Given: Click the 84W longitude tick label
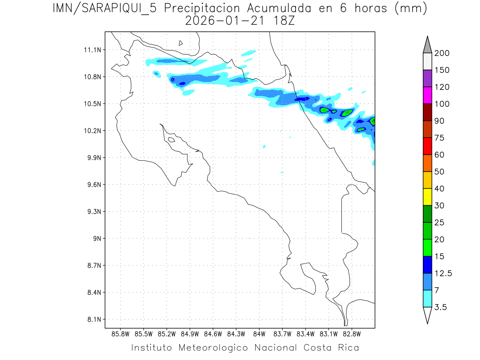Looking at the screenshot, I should (259, 334).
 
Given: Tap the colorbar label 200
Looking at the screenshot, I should (442, 53).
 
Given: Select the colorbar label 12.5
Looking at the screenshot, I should (443, 274).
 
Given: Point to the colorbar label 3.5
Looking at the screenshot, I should (440, 308).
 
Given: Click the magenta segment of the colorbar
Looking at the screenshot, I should (427, 95).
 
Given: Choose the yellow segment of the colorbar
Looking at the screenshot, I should (427, 197).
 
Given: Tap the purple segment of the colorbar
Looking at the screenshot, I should (427, 78).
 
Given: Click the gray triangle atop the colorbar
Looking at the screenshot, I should (427, 45).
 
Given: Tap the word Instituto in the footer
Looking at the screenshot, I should (152, 348).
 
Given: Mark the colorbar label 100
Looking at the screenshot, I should (442, 104).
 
